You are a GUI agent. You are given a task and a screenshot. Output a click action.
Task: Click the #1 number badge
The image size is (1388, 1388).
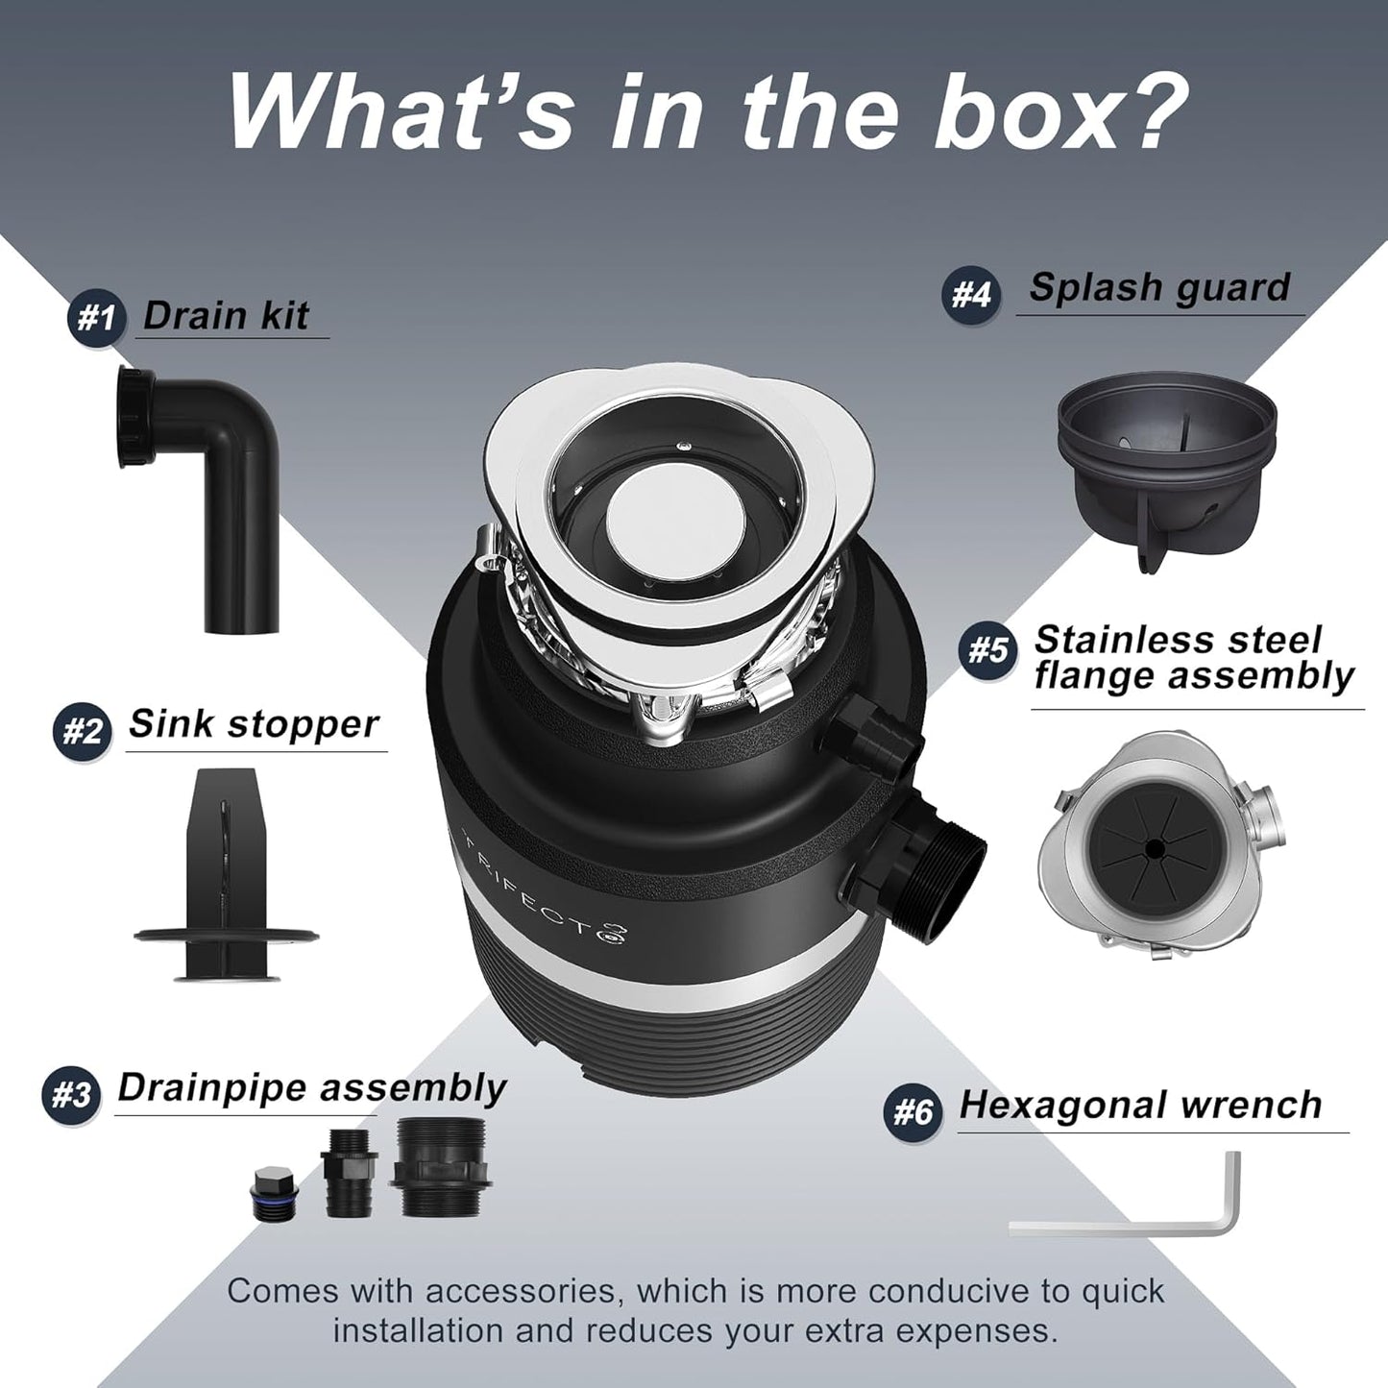(x=95, y=319)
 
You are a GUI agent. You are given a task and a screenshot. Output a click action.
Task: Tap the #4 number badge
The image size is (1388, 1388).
(x=970, y=294)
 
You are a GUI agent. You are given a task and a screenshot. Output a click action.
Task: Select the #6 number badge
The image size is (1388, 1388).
(x=913, y=1112)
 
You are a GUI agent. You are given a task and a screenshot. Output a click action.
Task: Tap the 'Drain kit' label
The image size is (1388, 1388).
(x=227, y=316)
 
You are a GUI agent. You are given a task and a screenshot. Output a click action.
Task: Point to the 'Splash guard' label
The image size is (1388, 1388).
(x=1158, y=287)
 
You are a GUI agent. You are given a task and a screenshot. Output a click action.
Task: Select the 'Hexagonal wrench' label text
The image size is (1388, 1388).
(x=1141, y=1105)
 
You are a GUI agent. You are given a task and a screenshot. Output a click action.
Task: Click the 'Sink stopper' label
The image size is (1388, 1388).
(x=254, y=724)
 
